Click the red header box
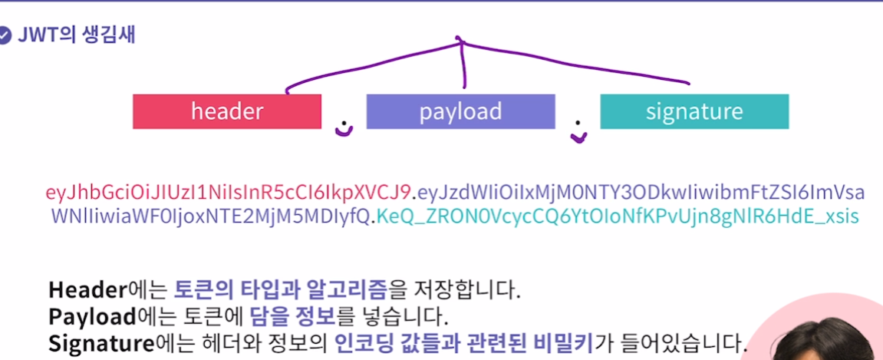point(226,111)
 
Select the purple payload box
point(460,111)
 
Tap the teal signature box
point(694,111)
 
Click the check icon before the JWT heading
point(5,35)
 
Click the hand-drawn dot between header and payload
point(344,127)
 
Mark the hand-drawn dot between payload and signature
point(578,134)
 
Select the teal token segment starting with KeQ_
point(617,216)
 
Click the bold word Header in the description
point(87,290)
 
